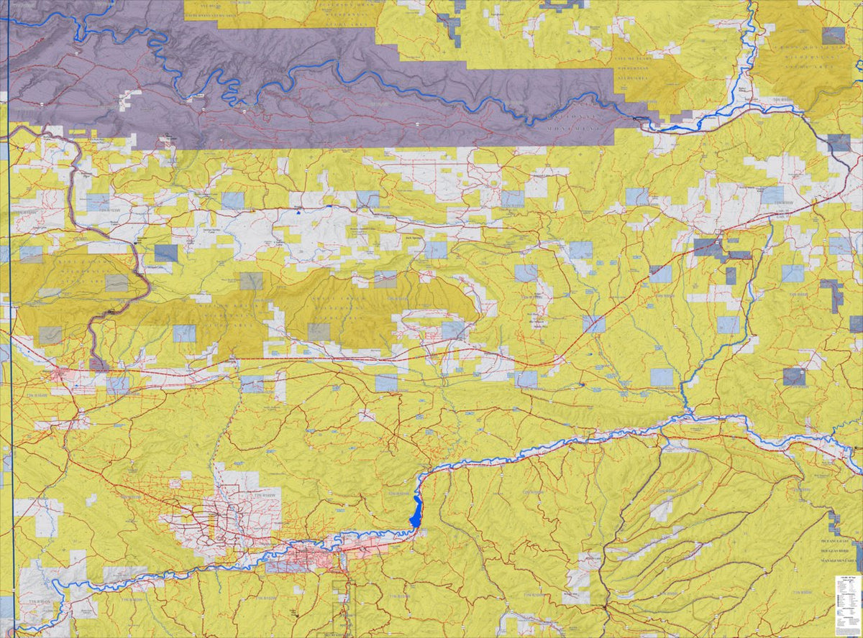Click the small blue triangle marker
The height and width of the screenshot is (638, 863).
point(298,212)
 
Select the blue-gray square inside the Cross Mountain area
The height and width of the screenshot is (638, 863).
point(834,35)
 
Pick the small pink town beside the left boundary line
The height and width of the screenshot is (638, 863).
point(61,373)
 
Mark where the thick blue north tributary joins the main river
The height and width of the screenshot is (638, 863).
point(688,415)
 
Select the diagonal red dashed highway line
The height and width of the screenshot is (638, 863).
point(611,309)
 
